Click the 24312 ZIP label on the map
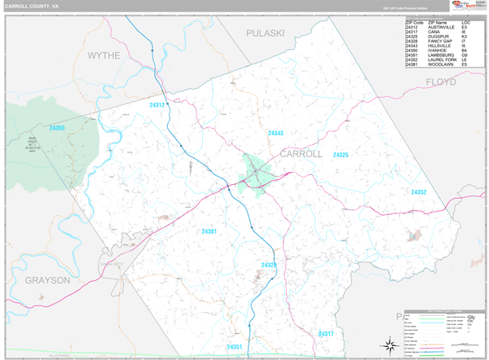(157, 105)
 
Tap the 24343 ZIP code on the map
(275, 133)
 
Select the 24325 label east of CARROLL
(340, 155)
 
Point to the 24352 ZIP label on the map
(418, 192)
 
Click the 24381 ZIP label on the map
(209, 232)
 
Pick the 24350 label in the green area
(56, 128)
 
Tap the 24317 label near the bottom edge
(326, 334)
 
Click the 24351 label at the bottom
(235, 347)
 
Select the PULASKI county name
(265, 33)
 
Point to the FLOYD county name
(441, 82)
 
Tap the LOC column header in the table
(465, 22)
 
